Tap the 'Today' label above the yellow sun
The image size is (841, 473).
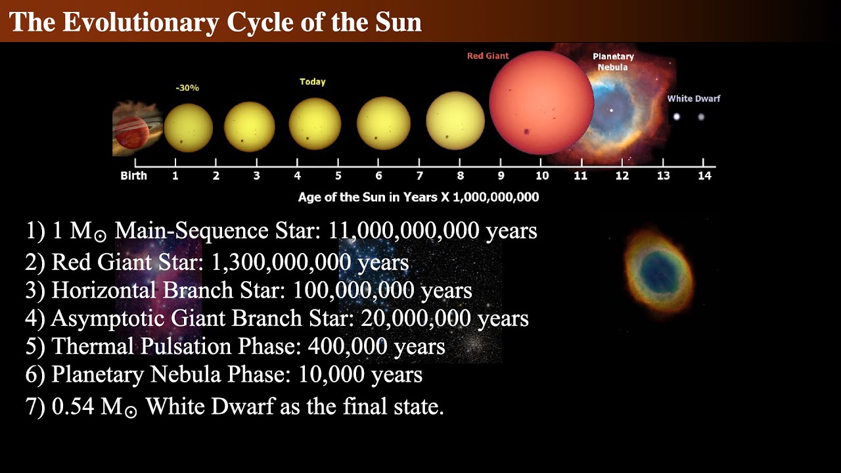click(x=313, y=82)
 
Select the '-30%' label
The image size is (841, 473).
click(x=187, y=87)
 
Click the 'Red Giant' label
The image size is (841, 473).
click(x=488, y=56)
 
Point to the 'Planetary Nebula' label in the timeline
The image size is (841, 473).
click(x=613, y=62)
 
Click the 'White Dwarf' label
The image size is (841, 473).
click(x=694, y=99)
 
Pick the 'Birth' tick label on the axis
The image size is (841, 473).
click(x=134, y=176)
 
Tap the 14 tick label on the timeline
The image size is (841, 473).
click(x=704, y=176)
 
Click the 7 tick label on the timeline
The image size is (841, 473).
click(x=419, y=176)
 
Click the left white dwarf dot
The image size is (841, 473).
click(x=677, y=117)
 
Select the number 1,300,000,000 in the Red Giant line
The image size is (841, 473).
click(x=281, y=262)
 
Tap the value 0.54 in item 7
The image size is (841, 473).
click(x=73, y=407)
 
